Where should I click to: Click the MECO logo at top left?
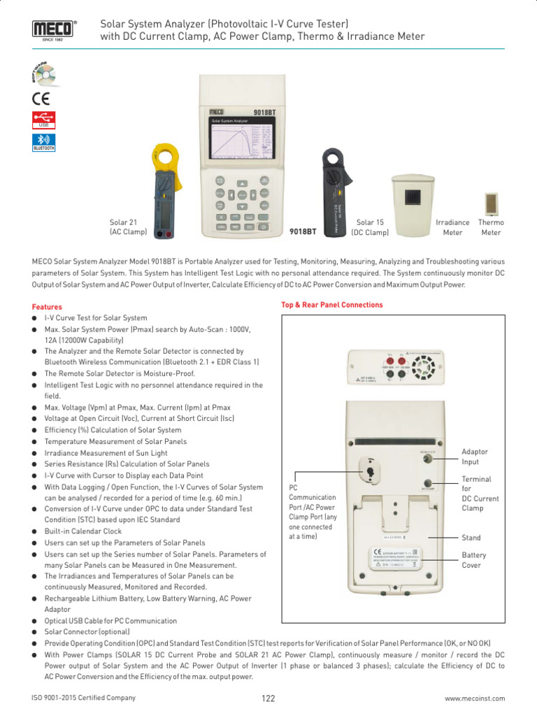click(52, 29)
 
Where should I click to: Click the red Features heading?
click(47, 307)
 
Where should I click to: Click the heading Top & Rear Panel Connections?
click(332, 305)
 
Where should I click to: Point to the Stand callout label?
click(471, 538)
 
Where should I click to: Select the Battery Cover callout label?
click(474, 560)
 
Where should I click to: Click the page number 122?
click(268, 699)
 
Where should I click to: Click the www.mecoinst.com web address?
click(475, 699)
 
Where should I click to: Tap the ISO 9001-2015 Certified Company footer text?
click(84, 698)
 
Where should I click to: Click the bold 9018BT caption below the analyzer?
click(303, 231)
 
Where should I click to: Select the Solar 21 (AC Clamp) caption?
click(127, 227)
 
